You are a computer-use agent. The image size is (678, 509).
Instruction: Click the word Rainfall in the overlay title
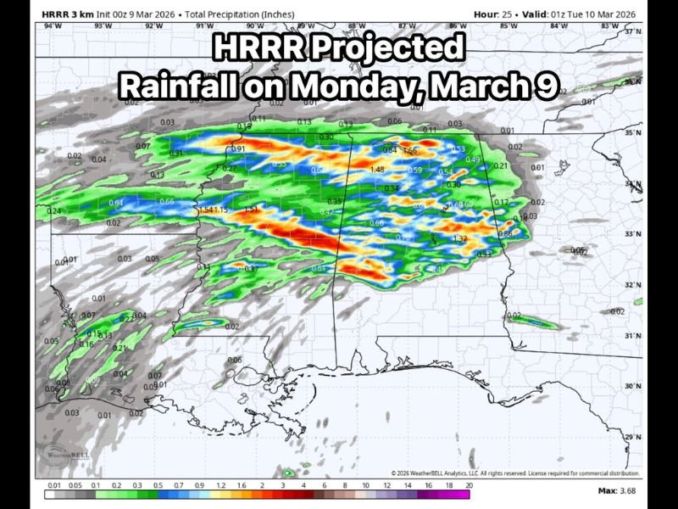click(175, 87)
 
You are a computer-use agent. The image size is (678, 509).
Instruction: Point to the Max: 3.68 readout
click(616, 491)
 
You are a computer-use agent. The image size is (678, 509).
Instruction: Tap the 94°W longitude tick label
click(52, 26)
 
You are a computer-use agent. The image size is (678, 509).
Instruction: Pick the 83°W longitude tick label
click(609, 26)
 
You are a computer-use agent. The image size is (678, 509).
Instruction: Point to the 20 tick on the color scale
click(469, 485)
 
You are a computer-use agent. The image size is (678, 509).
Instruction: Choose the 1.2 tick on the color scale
click(220, 485)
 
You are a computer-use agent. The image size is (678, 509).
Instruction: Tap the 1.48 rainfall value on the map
click(377, 170)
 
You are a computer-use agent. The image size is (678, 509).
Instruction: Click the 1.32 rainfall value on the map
click(460, 239)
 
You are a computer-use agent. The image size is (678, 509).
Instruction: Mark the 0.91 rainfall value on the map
click(238, 149)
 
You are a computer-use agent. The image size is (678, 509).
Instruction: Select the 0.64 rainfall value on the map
click(117, 203)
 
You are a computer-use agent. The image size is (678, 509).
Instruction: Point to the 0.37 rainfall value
click(251, 268)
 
